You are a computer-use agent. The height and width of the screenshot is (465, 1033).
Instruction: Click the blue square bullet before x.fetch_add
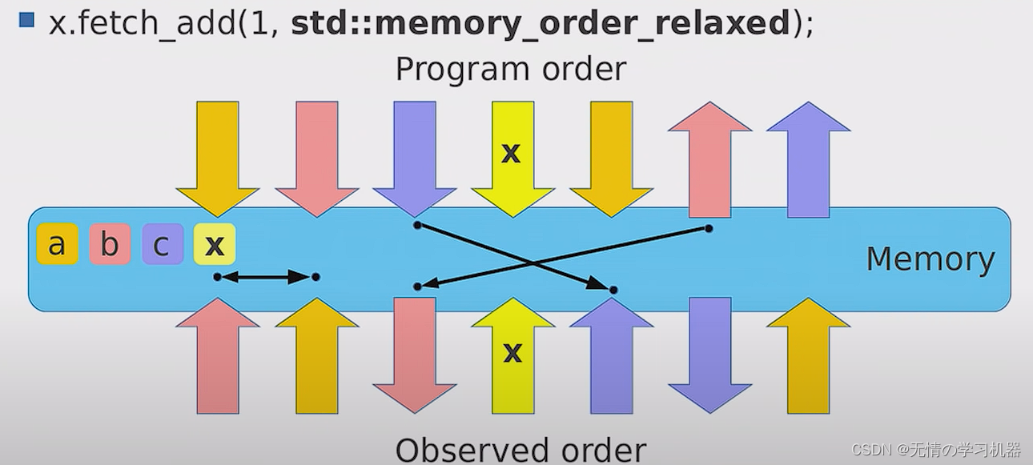pyautogui.click(x=26, y=20)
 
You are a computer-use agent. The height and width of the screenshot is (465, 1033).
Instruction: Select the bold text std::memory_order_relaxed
pyautogui.click(x=541, y=23)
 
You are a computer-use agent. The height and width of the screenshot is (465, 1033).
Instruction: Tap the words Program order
pyautogui.click(x=510, y=70)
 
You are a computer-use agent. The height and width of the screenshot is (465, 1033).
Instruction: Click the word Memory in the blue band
pyautogui.click(x=930, y=259)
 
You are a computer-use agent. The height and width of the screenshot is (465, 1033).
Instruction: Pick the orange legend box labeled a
pyautogui.click(x=57, y=245)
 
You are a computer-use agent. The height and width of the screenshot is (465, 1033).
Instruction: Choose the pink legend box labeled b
pyautogui.click(x=110, y=245)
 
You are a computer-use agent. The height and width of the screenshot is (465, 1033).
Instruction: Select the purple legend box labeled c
pyautogui.click(x=163, y=245)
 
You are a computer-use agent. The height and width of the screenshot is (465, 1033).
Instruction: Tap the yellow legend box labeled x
pyautogui.click(x=215, y=245)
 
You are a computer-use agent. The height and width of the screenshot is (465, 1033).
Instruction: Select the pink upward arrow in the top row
pyautogui.click(x=709, y=160)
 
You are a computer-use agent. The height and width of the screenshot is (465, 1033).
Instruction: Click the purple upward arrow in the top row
pyautogui.click(x=808, y=160)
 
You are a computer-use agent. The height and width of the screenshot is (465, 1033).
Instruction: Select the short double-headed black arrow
pyautogui.click(x=266, y=277)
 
